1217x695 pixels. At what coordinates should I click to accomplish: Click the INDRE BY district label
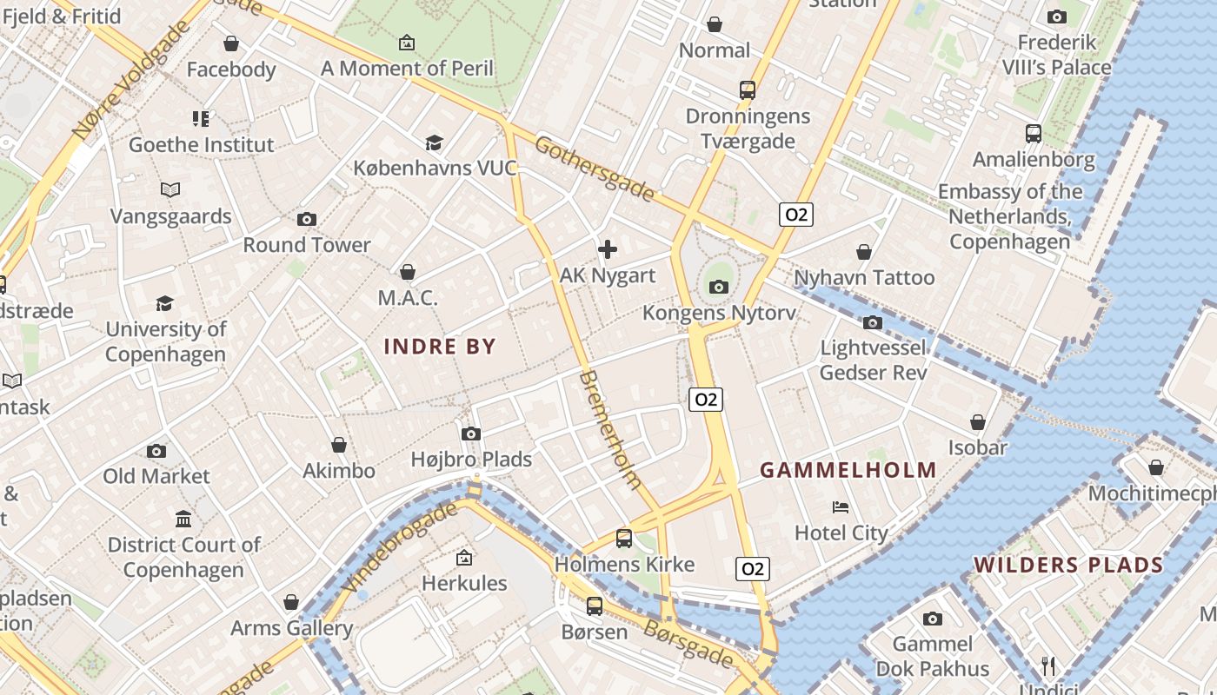click(440, 347)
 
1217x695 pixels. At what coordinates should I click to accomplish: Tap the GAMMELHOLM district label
click(848, 470)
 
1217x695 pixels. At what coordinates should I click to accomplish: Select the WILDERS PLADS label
click(1068, 565)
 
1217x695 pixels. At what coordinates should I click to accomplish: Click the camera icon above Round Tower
click(306, 219)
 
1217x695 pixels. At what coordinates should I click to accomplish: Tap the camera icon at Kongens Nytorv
click(718, 287)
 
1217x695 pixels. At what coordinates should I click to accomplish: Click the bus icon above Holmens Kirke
click(624, 538)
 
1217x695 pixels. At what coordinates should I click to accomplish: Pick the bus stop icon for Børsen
click(594, 606)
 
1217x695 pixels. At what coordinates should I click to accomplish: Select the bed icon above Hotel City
click(841, 507)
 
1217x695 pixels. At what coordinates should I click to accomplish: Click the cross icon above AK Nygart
click(608, 250)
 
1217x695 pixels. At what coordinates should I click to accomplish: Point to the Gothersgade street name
click(594, 169)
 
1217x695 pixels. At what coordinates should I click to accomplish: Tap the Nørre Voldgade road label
click(131, 80)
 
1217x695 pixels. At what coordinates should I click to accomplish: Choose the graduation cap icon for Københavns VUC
click(434, 142)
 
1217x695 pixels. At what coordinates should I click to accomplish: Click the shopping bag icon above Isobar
click(978, 422)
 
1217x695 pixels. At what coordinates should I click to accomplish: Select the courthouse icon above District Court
click(183, 520)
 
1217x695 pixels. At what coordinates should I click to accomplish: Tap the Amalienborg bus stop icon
click(1033, 134)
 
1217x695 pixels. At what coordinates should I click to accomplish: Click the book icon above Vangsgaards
click(170, 189)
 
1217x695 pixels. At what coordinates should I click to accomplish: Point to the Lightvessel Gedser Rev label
click(874, 361)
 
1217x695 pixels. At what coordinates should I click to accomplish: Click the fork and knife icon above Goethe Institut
click(201, 118)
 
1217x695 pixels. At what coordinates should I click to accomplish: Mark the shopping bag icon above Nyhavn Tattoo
click(864, 252)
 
